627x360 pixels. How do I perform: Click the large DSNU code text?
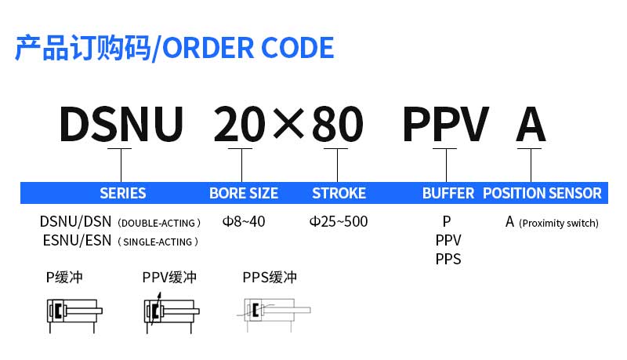(x=121, y=124)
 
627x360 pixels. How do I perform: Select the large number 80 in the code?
(x=337, y=124)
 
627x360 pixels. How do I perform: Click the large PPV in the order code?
(x=445, y=124)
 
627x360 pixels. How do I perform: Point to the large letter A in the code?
(x=531, y=124)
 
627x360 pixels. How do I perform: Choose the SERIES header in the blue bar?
(x=123, y=193)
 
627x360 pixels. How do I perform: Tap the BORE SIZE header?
(x=244, y=193)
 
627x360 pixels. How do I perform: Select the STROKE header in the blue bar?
(x=339, y=193)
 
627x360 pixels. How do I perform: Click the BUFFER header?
(x=448, y=193)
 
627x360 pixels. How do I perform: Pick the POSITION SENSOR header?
(x=542, y=193)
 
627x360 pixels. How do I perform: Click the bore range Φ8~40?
(x=244, y=221)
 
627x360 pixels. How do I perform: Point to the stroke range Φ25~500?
(x=339, y=221)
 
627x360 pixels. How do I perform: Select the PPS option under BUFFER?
(x=448, y=259)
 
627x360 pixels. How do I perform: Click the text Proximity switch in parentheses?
(x=559, y=223)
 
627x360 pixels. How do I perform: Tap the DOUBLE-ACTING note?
(x=159, y=223)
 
